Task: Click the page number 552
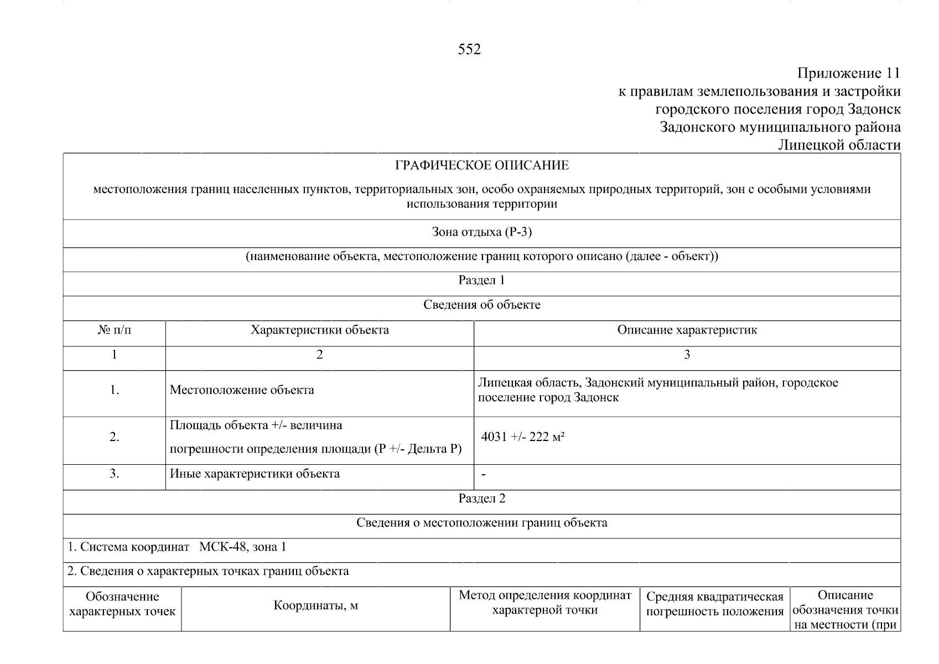point(469,50)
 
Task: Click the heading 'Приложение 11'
point(848,73)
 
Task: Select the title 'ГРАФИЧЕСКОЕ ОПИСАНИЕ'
point(481,165)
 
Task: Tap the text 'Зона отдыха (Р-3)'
point(481,232)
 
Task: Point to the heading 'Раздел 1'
point(481,280)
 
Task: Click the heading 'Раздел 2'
point(481,499)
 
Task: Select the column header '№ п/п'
point(115,330)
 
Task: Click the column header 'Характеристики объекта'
point(319,330)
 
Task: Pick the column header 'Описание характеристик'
point(687,330)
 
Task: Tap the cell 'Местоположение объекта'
point(242,390)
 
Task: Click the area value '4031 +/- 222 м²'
point(522,437)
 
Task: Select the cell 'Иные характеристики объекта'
point(255,474)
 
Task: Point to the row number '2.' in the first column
point(115,437)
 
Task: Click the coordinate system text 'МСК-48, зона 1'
point(242,547)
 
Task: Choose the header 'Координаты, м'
point(315,606)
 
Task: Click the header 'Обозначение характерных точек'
point(122,604)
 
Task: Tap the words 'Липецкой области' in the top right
point(839,145)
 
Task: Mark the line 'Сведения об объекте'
point(481,305)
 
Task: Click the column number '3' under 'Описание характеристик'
point(687,355)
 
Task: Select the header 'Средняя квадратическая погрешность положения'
point(714,604)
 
